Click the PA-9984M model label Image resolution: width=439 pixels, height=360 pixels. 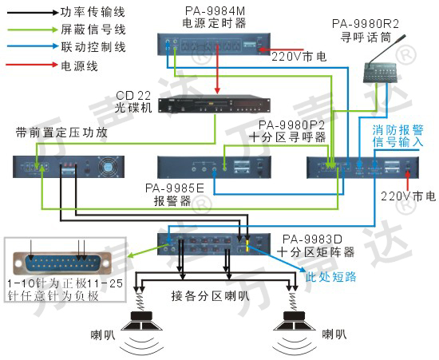pos(215,11)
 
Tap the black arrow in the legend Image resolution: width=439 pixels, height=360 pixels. pos(32,12)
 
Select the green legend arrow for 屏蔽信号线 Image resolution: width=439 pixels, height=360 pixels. pos(32,30)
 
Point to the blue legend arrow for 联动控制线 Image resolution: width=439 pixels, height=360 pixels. pos(32,46)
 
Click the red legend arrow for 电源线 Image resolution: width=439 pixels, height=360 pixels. pos(32,65)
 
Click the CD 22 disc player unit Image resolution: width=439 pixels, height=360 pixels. pos(214,105)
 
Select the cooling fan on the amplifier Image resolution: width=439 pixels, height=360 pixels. pos(108,167)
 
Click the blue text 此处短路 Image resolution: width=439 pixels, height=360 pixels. pos(330,276)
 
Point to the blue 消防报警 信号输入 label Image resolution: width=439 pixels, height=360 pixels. pos(397,136)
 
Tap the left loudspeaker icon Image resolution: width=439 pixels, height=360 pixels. pos(141,321)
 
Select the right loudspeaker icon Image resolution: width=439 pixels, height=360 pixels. pos(294,321)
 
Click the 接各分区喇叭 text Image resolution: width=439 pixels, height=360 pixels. pos(210,296)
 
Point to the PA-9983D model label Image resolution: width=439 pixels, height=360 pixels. pos(312,239)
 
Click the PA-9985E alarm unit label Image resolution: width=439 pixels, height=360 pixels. pos(175,188)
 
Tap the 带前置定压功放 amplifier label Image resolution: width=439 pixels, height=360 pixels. pos(61,133)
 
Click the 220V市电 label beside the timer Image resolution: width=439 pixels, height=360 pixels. pos(299,57)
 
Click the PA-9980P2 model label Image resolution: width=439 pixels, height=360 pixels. pos(291,125)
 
